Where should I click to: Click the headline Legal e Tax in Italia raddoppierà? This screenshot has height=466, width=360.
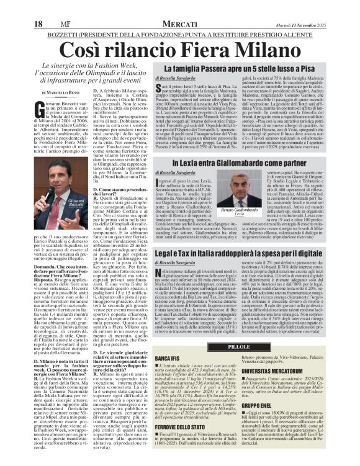pos(245,253)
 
